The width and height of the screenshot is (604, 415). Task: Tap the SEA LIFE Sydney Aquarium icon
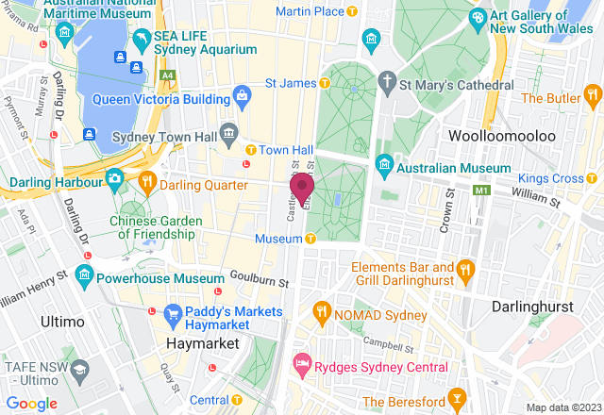[142, 39]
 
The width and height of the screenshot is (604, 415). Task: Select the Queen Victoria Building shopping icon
[243, 95]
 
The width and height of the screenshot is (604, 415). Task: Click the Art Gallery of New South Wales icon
[478, 18]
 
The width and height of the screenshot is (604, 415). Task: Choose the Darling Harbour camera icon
[114, 177]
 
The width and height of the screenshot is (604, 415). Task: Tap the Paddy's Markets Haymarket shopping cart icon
[172, 313]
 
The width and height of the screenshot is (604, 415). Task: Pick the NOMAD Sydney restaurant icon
[322, 312]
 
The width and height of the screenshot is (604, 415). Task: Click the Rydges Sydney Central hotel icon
[302, 362]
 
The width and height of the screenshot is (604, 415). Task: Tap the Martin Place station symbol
[352, 11]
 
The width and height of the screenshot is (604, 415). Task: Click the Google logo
[31, 404]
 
